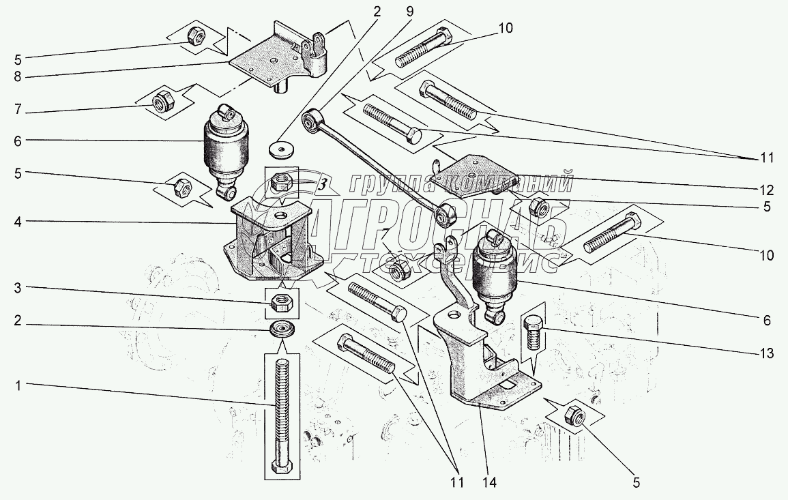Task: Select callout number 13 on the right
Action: coord(767,353)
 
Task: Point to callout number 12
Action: coord(768,189)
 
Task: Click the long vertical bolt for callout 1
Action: coord(281,409)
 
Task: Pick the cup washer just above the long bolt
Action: coord(281,329)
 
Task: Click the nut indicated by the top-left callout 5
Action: coord(193,36)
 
